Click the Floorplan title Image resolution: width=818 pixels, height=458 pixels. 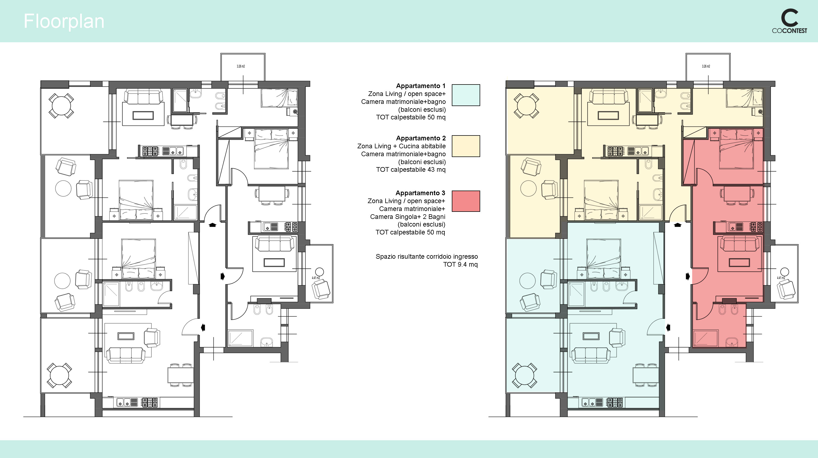click(64, 22)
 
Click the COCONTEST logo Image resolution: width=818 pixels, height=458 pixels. click(789, 22)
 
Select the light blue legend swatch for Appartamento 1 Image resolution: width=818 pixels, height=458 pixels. click(465, 95)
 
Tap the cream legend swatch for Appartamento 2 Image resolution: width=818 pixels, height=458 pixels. click(465, 146)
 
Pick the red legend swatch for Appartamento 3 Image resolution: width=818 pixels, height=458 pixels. click(465, 201)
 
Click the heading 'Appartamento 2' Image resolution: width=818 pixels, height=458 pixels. click(421, 138)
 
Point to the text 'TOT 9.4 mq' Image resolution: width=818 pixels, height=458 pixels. click(460, 264)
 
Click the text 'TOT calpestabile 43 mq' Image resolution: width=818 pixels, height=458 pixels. click(411, 170)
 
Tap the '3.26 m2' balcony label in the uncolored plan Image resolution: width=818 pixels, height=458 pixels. click(241, 66)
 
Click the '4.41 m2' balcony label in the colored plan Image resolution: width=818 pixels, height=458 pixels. click(781, 278)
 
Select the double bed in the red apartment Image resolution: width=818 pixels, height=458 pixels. click(736, 149)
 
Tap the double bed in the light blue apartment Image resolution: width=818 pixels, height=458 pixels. click(604, 259)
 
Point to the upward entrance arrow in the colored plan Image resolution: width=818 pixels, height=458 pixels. click(678, 225)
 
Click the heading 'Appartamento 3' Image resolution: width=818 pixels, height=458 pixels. click(420, 193)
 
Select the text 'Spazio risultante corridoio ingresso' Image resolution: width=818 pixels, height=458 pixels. click(426, 257)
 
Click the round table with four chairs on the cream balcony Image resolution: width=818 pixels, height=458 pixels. click(526, 106)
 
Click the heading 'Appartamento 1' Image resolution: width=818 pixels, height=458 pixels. click(421, 86)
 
